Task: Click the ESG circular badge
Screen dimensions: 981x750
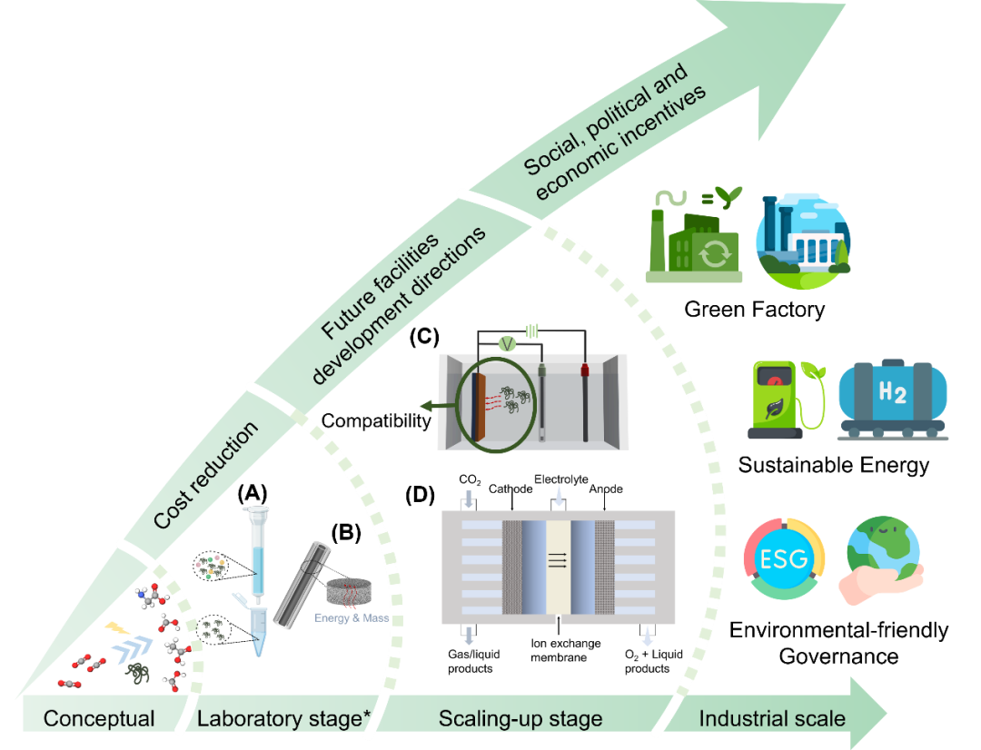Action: click(784, 558)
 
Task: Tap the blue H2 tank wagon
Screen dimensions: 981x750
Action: click(893, 400)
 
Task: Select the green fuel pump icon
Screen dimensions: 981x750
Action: click(786, 400)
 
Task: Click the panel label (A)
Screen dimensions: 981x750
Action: click(253, 494)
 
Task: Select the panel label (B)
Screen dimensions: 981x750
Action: click(346, 532)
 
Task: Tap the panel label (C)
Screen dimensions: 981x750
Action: click(424, 337)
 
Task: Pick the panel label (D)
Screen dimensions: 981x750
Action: click(420, 495)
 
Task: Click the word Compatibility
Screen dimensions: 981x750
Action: click(376, 421)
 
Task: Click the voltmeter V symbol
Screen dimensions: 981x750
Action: click(508, 343)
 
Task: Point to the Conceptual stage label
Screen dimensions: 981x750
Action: click(99, 718)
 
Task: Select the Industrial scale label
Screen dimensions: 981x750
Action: click(772, 718)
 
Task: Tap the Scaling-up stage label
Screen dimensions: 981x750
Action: click(520, 719)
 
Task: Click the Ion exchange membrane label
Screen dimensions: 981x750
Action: click(565, 650)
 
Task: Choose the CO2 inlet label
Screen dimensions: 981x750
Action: click(470, 479)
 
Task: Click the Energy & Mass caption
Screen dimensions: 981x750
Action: click(352, 618)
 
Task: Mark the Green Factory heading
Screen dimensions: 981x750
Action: click(755, 309)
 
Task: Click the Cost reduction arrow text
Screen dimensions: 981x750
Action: click(206, 475)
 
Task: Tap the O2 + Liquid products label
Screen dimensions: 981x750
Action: click(653, 661)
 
